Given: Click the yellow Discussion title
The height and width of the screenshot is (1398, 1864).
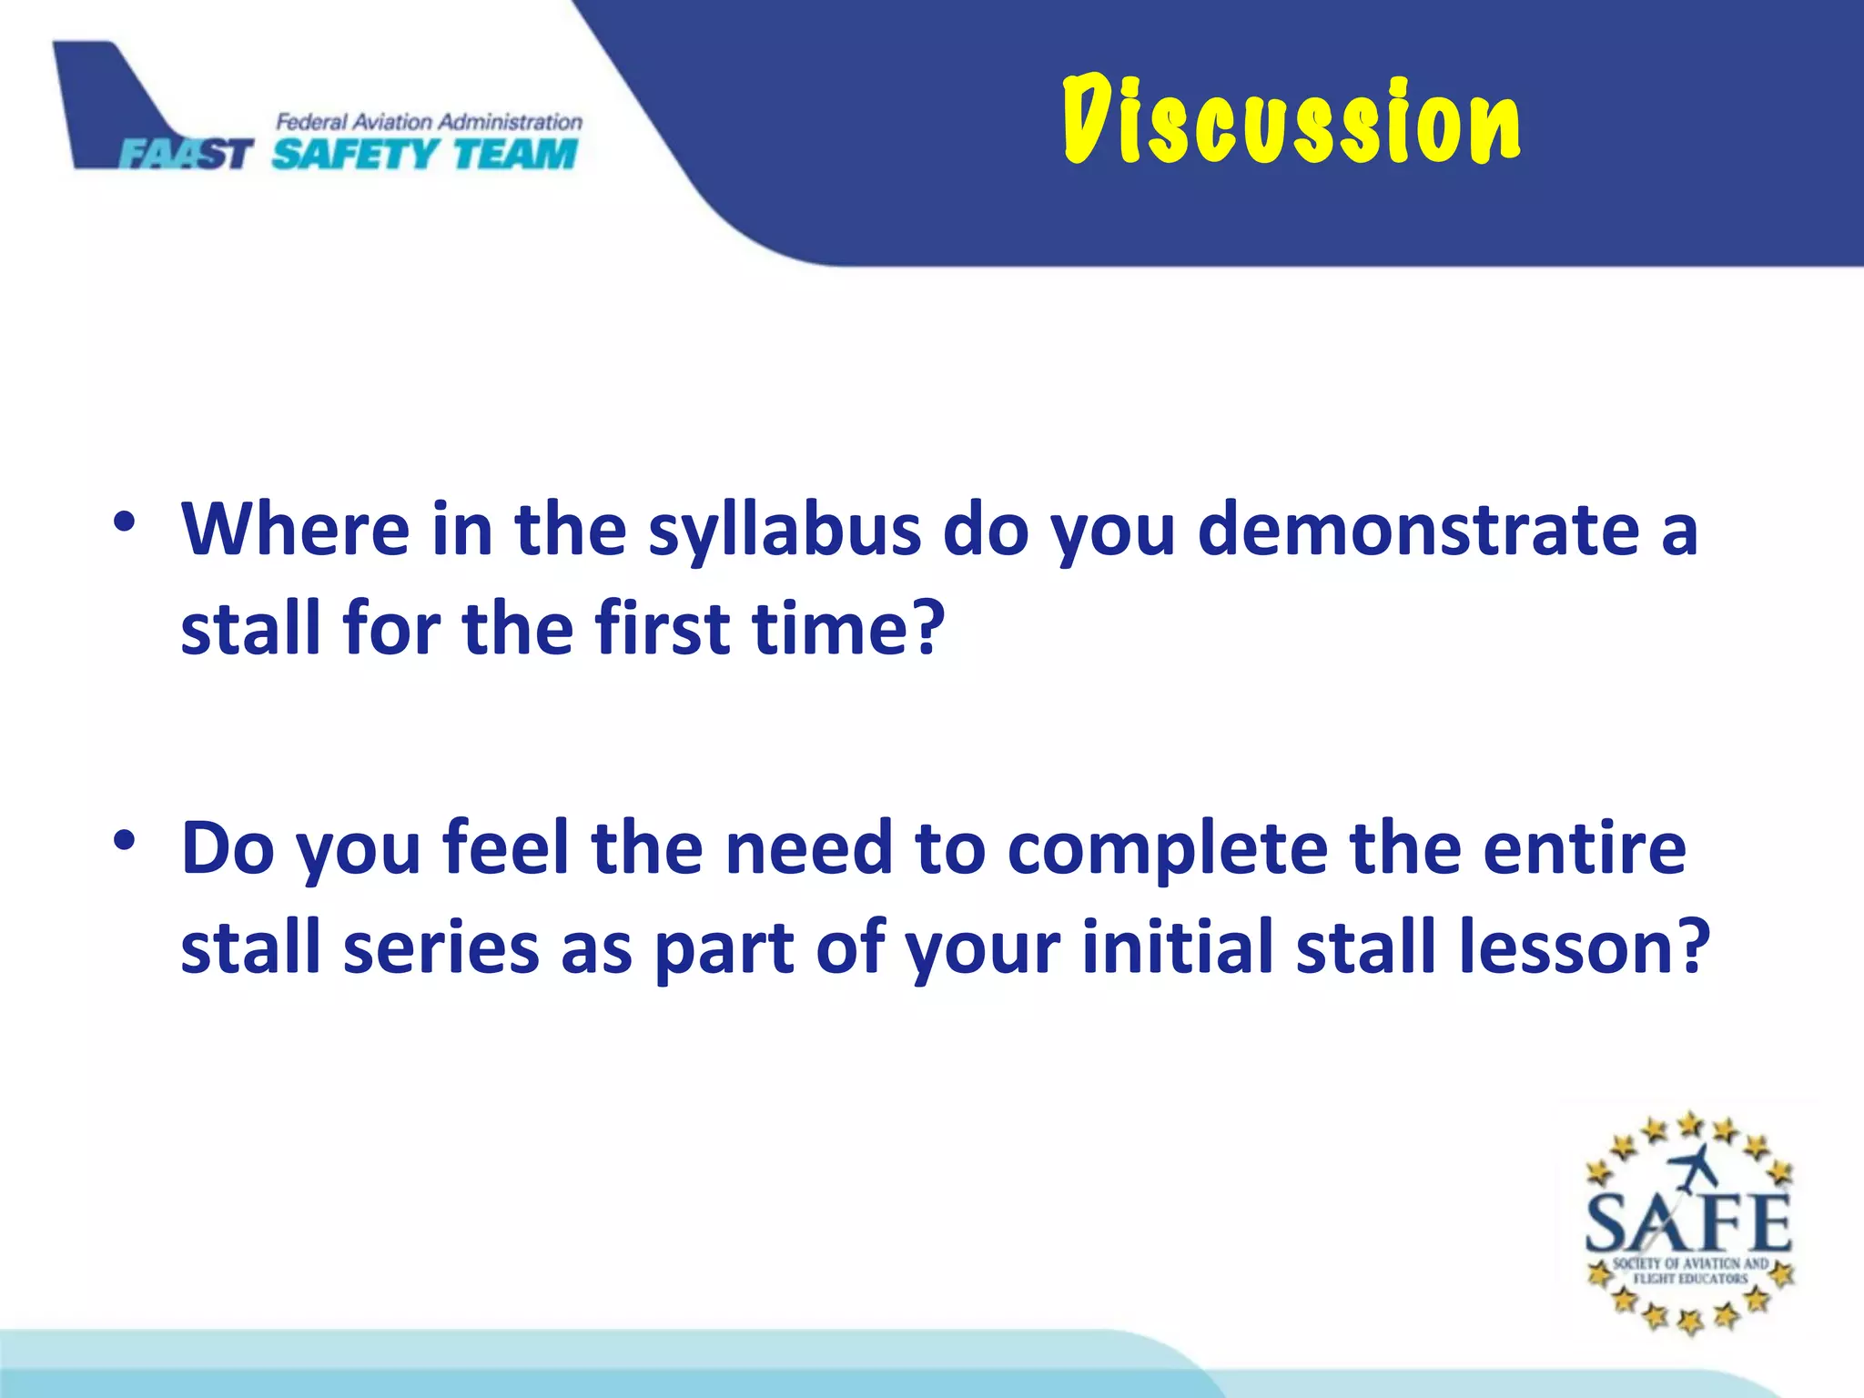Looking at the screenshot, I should (x=1291, y=121).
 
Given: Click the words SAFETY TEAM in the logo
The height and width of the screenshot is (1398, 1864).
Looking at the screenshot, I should (x=425, y=154).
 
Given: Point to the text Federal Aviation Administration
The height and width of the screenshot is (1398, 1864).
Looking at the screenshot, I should (x=429, y=121).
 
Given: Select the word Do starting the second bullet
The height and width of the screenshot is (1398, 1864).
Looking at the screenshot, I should (x=228, y=848).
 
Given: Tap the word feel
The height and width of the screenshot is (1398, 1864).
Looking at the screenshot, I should (x=506, y=848).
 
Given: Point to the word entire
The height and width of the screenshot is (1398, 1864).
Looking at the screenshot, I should (x=1584, y=848).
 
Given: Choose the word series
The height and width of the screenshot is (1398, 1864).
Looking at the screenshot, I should (x=441, y=947).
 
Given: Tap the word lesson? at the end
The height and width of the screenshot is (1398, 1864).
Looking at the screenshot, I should (x=1584, y=947).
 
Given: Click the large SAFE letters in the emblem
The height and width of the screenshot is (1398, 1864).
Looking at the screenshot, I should (x=1688, y=1222).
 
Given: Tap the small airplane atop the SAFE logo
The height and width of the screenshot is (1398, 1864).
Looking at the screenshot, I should (x=1695, y=1168).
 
